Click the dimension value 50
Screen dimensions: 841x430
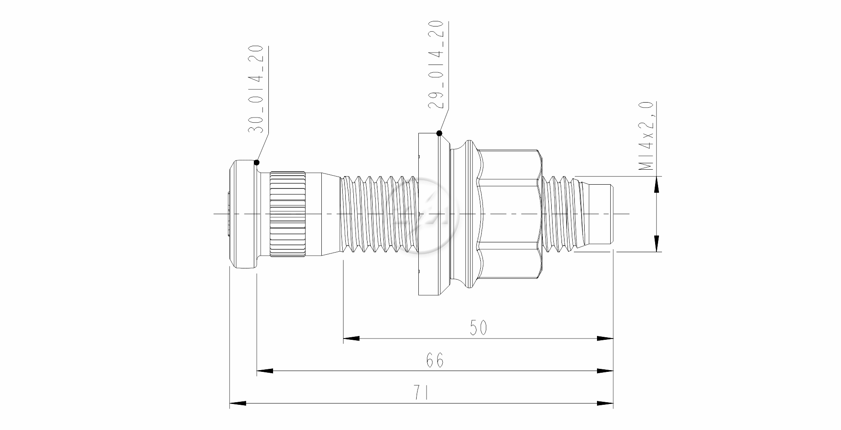(x=478, y=327)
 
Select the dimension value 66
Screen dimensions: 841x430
(x=435, y=360)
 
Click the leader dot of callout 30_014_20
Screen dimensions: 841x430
(x=257, y=162)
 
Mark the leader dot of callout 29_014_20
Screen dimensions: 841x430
(x=439, y=133)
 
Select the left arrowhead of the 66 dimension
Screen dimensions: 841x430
(x=265, y=371)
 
